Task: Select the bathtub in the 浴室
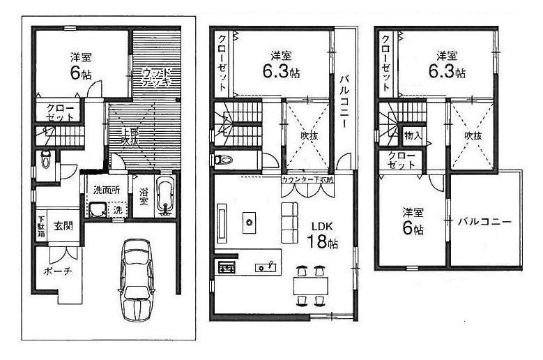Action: click(x=165, y=197)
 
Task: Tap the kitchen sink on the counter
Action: click(x=264, y=267)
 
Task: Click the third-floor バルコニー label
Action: click(x=485, y=223)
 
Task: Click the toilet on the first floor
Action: click(x=45, y=159)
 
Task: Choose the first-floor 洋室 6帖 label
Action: click(x=82, y=64)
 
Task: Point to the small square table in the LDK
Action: click(x=247, y=222)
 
